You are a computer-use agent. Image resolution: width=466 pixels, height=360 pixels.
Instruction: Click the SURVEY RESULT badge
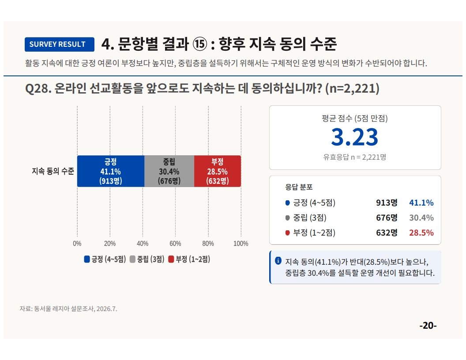(60, 44)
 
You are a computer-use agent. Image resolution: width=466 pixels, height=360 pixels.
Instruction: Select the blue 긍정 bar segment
(111, 171)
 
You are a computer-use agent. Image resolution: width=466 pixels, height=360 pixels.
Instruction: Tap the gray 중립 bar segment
(169, 171)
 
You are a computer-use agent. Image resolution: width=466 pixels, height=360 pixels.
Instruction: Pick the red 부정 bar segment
(218, 171)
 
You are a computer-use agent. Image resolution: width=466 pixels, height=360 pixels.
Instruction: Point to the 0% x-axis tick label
(77, 244)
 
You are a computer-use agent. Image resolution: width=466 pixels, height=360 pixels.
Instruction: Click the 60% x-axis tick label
(175, 244)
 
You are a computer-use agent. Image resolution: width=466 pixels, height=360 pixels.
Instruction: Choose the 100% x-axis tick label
(241, 244)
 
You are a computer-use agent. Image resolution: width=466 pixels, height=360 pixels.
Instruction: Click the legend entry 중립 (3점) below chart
(147, 259)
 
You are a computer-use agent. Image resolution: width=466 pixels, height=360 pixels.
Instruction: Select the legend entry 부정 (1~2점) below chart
(189, 259)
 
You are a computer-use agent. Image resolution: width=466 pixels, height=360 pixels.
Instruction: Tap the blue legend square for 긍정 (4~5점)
(87, 259)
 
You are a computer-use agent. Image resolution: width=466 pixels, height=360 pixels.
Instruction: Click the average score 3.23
(354, 137)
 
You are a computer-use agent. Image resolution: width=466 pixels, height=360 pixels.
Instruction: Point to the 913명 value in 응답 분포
(387, 202)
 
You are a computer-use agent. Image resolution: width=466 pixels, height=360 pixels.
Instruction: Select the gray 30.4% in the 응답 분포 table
(421, 218)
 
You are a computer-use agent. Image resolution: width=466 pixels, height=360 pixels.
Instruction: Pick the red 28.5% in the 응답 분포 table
(421, 232)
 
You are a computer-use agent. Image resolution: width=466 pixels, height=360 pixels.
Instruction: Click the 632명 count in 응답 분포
(387, 232)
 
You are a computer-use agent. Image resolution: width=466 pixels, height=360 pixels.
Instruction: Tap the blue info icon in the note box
(278, 261)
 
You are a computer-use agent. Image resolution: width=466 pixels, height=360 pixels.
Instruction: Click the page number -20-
(428, 326)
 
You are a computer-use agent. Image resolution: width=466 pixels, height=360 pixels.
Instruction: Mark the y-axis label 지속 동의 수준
(53, 171)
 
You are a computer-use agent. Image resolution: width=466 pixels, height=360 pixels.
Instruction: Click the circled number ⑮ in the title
(200, 44)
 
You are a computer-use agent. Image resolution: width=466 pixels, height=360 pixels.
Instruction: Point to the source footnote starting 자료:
(68, 309)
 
